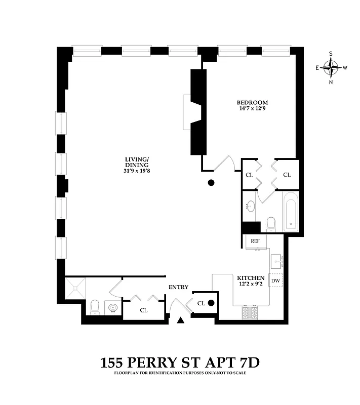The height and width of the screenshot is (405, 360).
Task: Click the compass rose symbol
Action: [x=331, y=67]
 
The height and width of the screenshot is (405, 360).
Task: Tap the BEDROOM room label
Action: [x=252, y=102]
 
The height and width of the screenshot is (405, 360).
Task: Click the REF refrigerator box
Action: [x=255, y=241]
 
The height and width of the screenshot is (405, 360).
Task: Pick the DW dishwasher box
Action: [x=276, y=280]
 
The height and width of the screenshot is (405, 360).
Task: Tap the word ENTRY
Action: [x=178, y=287]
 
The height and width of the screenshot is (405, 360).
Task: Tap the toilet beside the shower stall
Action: [x=95, y=307]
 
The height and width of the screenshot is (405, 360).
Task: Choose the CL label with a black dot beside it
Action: [x=201, y=303]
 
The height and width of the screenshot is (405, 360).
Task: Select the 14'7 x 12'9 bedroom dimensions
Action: [x=252, y=108]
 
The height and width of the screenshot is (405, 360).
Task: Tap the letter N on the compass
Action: [x=331, y=82]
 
